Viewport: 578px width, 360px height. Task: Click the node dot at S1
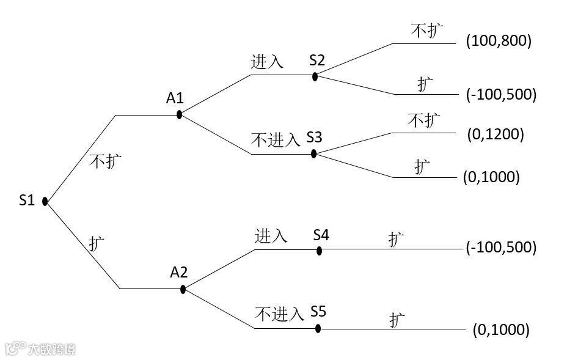(x=45, y=201)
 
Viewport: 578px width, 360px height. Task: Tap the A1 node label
(x=175, y=98)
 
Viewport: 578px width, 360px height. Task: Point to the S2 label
(x=317, y=60)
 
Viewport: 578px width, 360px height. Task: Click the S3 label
(x=315, y=137)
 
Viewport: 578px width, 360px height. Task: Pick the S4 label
(x=321, y=234)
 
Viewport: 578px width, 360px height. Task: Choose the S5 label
(x=318, y=312)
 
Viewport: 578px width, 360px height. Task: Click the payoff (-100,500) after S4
(x=501, y=248)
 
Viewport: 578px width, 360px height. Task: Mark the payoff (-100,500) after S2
(x=501, y=95)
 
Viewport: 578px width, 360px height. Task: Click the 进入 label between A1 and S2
(x=267, y=62)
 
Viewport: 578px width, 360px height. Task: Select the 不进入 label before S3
(x=276, y=140)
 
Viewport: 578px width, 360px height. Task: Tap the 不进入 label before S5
(x=279, y=314)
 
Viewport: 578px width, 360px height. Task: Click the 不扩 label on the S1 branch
(x=105, y=161)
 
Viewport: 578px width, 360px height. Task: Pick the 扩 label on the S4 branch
(x=396, y=239)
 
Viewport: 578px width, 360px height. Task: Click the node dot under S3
(x=313, y=153)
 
